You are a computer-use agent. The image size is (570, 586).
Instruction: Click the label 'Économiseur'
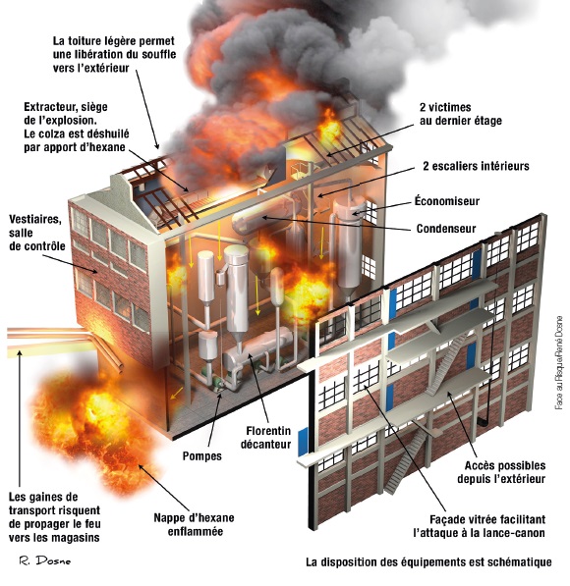pos(447,201)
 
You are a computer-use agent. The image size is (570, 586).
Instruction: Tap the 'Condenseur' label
pos(446,229)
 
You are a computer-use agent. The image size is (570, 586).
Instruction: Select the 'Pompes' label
pos(202,456)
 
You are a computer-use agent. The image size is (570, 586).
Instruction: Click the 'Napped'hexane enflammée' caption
pos(195,524)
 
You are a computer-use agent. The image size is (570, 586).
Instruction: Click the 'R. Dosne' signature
pos(45,560)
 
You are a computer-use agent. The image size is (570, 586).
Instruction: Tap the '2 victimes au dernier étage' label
pos(460,114)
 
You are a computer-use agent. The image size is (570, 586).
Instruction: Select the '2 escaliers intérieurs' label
pos(476,166)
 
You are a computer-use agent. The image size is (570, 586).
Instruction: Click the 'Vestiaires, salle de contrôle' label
pos(36,233)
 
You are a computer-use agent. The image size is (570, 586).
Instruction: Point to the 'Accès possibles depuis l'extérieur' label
pos(501,472)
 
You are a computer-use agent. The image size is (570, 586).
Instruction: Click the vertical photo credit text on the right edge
pos(559,362)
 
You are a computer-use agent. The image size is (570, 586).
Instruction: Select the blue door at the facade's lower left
pos(303,442)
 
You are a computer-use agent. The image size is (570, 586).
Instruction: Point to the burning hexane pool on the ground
pos(97,422)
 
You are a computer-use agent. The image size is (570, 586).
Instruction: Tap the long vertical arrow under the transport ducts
pos(20,418)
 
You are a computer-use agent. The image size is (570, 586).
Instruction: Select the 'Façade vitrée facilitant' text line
pos(487,519)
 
